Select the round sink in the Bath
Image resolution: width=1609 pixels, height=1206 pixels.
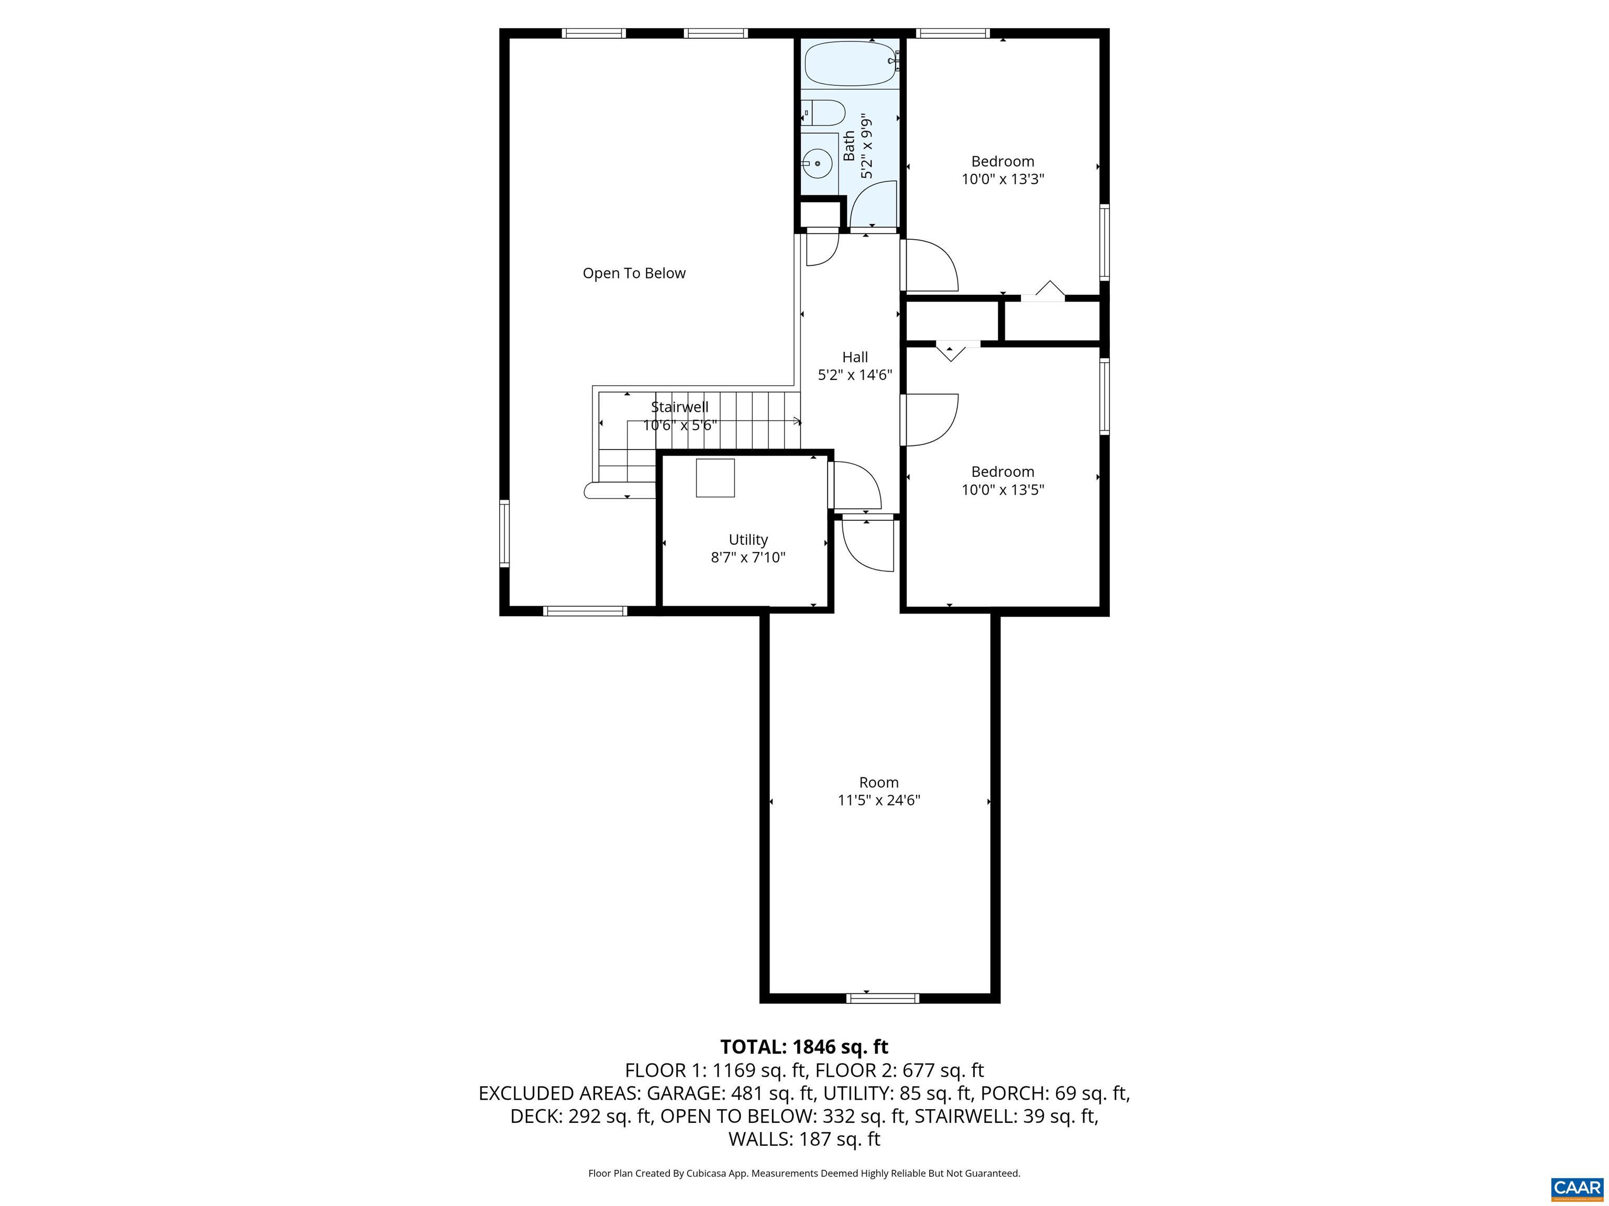tap(818, 163)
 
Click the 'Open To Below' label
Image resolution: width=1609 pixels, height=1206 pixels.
tap(634, 273)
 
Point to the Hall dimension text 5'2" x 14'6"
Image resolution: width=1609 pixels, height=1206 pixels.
tap(855, 375)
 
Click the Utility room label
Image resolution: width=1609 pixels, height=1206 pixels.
tap(748, 539)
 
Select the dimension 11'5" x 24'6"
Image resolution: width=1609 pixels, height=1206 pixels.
tap(879, 800)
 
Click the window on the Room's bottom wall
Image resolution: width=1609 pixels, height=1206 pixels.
tap(883, 998)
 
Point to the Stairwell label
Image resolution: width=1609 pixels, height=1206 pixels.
tap(679, 407)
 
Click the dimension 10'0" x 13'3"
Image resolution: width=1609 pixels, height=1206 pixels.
tap(1002, 180)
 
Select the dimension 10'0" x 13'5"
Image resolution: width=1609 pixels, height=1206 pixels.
tap(1002, 490)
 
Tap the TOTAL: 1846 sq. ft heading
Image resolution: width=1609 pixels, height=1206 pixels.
tap(804, 1047)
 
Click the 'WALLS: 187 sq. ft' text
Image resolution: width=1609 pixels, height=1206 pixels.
tap(804, 1138)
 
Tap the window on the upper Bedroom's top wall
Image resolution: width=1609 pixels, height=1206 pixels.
tap(952, 32)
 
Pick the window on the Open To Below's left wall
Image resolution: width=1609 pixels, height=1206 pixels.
tap(504, 533)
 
